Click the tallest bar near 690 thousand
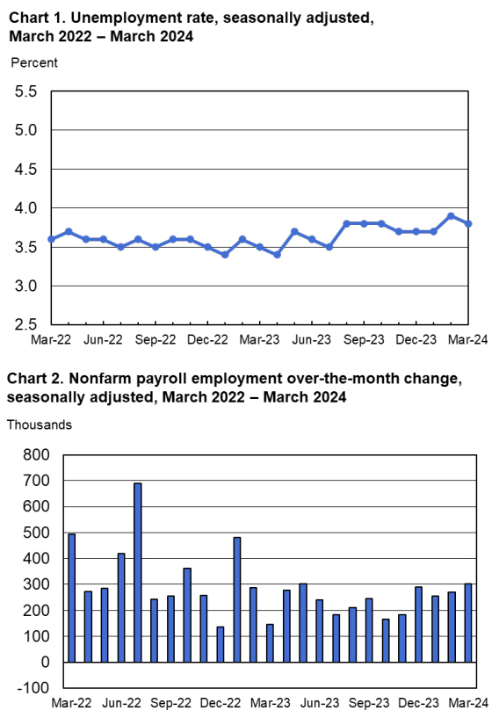(x=138, y=571)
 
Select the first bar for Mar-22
(x=71, y=598)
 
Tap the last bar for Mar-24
(x=468, y=622)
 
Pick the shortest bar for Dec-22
(x=220, y=644)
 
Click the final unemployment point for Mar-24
(x=468, y=223)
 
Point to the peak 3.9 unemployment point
(x=451, y=215)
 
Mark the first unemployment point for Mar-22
(x=52, y=239)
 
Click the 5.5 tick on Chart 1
(x=26, y=91)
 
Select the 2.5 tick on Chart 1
(x=26, y=325)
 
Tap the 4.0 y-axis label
(x=26, y=208)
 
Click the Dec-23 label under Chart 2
(x=417, y=703)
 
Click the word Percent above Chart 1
(x=34, y=62)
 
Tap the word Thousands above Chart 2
(x=40, y=424)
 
